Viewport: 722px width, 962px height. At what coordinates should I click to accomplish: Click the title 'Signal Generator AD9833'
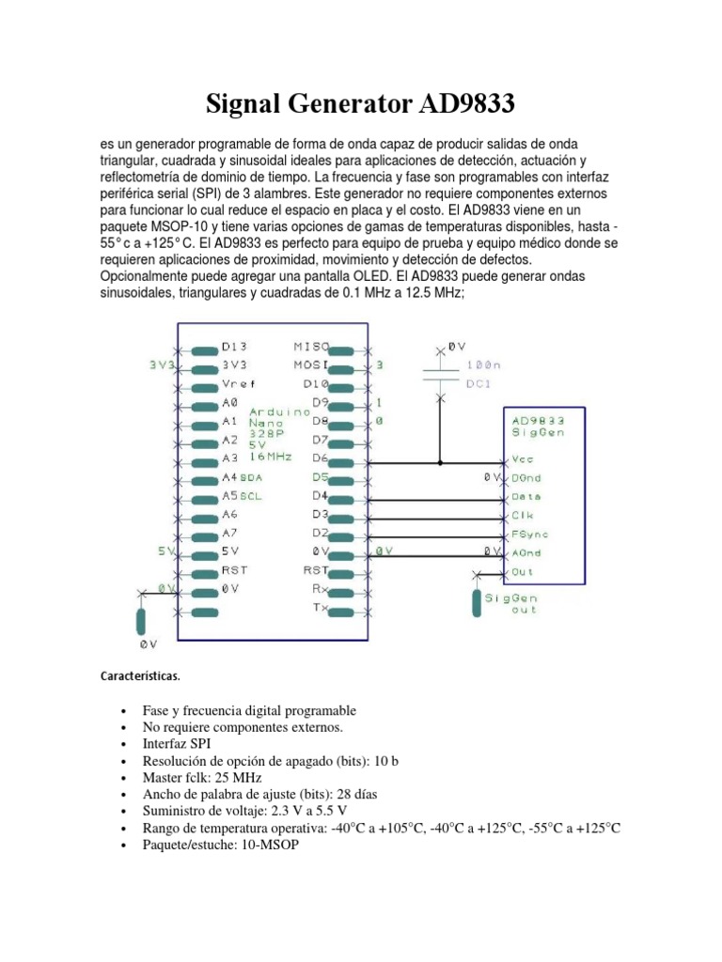pos(361,104)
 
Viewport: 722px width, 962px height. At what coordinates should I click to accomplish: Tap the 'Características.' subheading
pos(140,675)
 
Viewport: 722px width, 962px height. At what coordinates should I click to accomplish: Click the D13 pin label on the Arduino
pos(234,347)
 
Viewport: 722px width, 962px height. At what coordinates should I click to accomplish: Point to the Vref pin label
pos(239,384)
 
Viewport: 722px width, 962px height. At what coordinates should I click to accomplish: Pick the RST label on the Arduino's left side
pos(234,570)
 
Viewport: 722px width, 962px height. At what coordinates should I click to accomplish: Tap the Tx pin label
pos(320,608)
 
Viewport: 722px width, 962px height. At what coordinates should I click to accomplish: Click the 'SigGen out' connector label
pos(511,603)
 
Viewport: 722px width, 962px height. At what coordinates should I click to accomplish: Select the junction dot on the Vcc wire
pos(439,462)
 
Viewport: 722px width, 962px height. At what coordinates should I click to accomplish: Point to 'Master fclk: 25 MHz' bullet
pos(202,778)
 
